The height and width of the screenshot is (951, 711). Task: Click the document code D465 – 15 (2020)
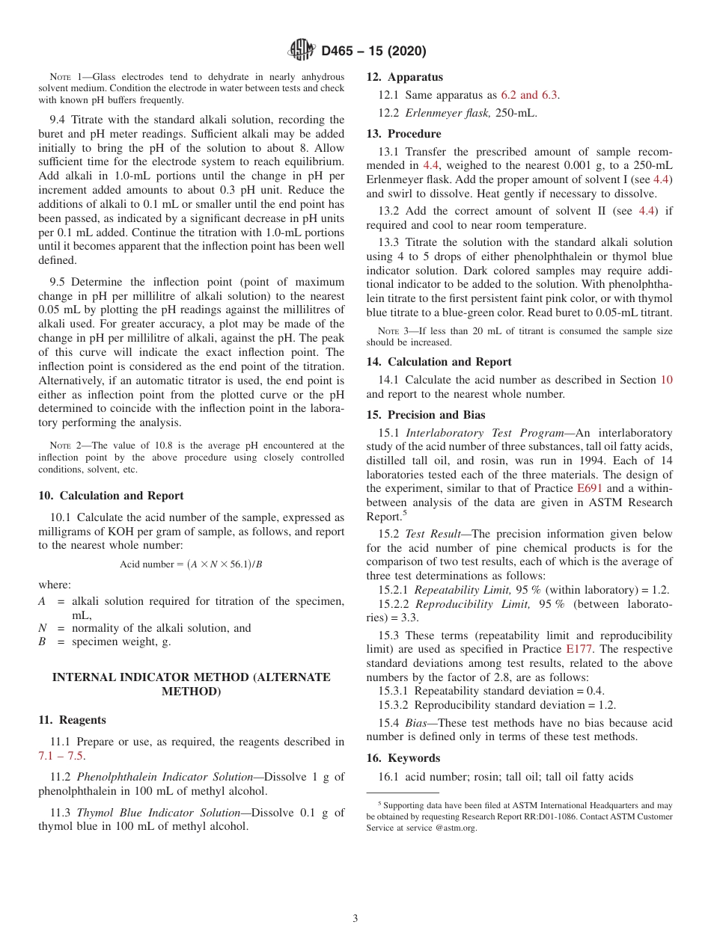point(373,52)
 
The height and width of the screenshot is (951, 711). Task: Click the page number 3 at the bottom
point(355,918)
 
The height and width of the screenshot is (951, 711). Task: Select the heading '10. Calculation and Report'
point(111,496)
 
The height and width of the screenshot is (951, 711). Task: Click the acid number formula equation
point(191,564)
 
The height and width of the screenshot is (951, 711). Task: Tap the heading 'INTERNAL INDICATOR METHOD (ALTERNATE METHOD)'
point(191,684)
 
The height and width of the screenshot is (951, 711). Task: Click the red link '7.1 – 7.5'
point(61,756)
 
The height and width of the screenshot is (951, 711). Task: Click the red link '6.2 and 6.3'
point(528,95)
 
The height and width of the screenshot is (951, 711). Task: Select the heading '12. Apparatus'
point(404,77)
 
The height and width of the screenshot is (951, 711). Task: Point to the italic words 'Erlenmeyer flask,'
point(449,113)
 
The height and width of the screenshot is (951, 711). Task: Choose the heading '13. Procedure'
point(403,134)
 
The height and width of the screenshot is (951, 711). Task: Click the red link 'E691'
point(589,487)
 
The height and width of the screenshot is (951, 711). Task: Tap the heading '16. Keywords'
point(403,758)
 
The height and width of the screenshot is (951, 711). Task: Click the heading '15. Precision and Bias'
point(425,415)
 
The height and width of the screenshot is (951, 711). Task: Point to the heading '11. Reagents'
point(72,720)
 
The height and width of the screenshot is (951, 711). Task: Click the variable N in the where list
point(43,628)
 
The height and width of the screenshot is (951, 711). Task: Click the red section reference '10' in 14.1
point(665,380)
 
